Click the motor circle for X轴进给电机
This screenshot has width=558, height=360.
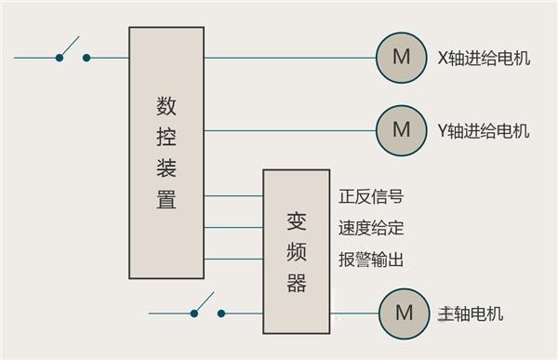pyautogui.click(x=401, y=58)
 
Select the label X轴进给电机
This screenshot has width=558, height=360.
pyautogui.click(x=484, y=58)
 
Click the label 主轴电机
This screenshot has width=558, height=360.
pyautogui.click(x=471, y=313)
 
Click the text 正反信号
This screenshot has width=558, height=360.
pyautogui.click(x=372, y=197)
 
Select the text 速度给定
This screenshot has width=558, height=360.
pyautogui.click(x=372, y=228)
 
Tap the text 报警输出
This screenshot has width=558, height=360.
pyautogui.click(x=372, y=260)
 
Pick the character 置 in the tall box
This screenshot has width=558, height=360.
pyautogui.click(x=166, y=200)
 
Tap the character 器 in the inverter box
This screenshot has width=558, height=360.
pyautogui.click(x=297, y=283)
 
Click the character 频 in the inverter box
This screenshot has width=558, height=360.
pyautogui.click(x=297, y=252)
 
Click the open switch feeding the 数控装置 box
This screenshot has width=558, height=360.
pyautogui.click(x=73, y=53)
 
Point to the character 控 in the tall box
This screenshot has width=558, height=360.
pyautogui.click(x=166, y=137)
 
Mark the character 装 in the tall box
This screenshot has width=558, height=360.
pyautogui.click(x=166, y=168)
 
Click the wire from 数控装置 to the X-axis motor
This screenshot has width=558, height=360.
pyautogui.click(x=288, y=58)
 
